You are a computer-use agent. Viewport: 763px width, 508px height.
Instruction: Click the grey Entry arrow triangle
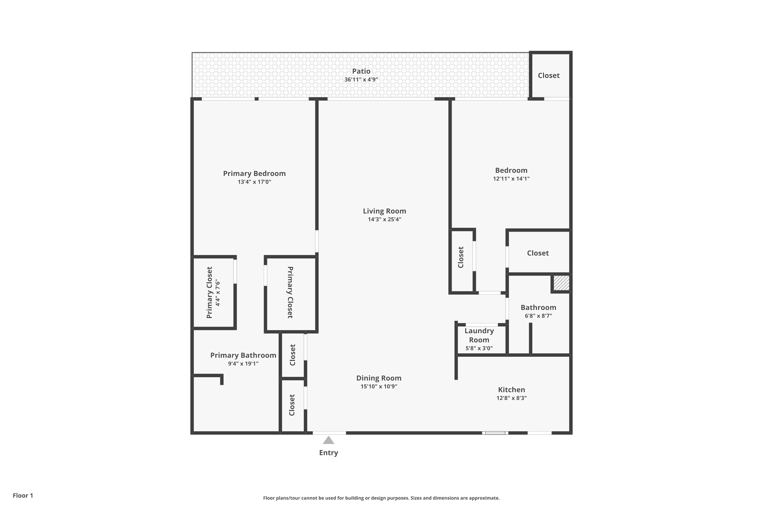pyautogui.click(x=329, y=440)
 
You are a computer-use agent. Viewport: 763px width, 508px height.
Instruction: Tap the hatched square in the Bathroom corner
pyautogui.click(x=561, y=283)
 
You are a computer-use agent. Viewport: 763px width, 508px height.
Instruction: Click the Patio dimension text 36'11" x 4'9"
pyautogui.click(x=361, y=79)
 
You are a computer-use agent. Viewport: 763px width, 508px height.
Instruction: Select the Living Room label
pyautogui.click(x=384, y=211)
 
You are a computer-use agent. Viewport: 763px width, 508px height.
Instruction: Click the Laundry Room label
pyautogui.click(x=479, y=335)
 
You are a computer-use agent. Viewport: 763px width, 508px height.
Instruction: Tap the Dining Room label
pyautogui.click(x=379, y=378)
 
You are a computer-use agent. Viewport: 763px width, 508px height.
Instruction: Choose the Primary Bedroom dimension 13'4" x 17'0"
pyautogui.click(x=254, y=182)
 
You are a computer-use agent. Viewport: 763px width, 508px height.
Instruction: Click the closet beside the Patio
pyautogui.click(x=549, y=75)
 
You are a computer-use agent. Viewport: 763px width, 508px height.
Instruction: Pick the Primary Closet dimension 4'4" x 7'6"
pyautogui.click(x=218, y=293)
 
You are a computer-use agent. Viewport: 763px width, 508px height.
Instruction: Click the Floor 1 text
pyautogui.click(x=23, y=495)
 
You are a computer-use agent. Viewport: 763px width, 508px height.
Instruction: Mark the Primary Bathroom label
pyautogui.click(x=243, y=355)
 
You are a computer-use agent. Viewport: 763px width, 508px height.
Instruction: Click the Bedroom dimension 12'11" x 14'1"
pyautogui.click(x=511, y=179)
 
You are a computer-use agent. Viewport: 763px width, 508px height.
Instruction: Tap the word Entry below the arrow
pyautogui.click(x=329, y=453)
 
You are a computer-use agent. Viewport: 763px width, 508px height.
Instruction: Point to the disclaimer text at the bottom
pyautogui.click(x=382, y=498)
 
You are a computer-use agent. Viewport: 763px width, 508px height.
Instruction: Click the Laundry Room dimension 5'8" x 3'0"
pyautogui.click(x=479, y=348)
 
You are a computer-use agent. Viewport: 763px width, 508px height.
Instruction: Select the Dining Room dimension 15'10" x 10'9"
pyautogui.click(x=379, y=386)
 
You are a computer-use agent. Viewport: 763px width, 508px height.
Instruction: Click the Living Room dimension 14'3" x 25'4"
pyautogui.click(x=384, y=219)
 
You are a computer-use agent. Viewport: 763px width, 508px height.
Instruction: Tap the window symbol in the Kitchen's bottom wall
pyautogui.click(x=495, y=433)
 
